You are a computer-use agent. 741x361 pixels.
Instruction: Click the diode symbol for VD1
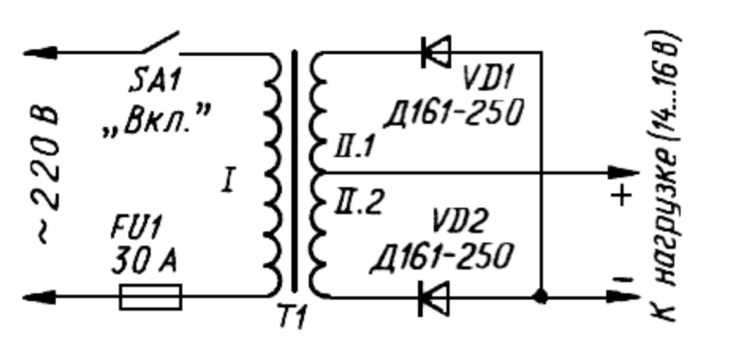[435, 51]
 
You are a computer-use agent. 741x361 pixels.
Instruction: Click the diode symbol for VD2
[434, 297]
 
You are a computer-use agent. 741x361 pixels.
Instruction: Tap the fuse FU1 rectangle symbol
[151, 297]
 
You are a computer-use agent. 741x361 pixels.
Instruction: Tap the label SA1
[154, 81]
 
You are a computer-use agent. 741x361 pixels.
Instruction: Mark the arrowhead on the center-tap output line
[623, 172]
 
